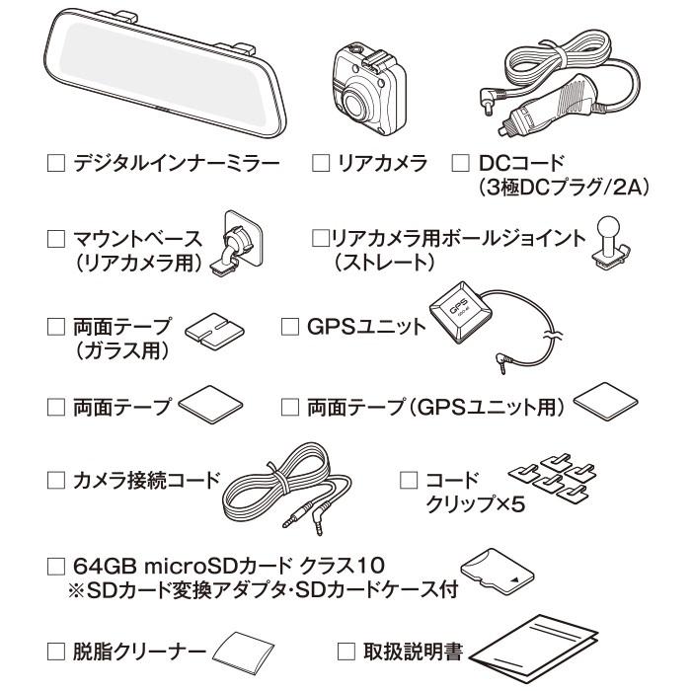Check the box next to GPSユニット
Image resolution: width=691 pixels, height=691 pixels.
click(289, 326)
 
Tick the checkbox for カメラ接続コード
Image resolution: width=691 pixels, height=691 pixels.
click(56, 480)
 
